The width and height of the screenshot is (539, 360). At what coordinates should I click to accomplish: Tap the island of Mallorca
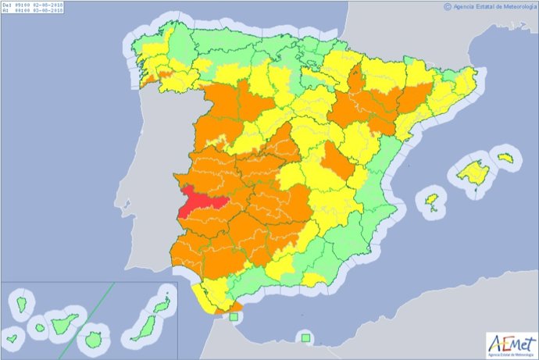tap(473, 172)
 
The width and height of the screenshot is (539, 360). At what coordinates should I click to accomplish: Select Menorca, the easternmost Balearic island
tap(505, 159)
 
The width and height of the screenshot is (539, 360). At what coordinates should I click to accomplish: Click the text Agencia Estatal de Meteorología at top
tap(494, 6)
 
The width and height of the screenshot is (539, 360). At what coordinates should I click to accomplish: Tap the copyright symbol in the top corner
tap(448, 6)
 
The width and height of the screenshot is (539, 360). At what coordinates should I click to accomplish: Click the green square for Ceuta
tap(233, 317)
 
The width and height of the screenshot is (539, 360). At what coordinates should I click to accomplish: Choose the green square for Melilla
tap(305, 338)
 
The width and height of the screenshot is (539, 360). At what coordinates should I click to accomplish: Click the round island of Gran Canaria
tap(94, 339)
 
